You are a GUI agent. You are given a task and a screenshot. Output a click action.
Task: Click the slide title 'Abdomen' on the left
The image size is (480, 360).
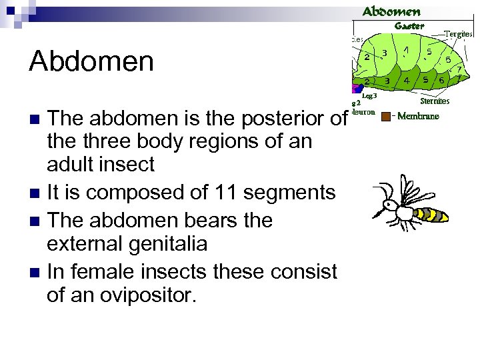91,61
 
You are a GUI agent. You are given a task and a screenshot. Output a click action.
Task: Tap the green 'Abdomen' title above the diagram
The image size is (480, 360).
391,12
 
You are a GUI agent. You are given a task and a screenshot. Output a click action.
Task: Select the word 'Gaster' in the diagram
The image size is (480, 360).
409,25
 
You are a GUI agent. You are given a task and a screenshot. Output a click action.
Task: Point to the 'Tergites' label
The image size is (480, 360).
459,34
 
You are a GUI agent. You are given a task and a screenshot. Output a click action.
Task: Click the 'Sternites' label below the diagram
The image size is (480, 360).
435,101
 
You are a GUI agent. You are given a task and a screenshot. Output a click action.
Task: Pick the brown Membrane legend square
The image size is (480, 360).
386,117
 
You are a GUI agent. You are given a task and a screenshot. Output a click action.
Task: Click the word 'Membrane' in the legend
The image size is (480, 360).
418,117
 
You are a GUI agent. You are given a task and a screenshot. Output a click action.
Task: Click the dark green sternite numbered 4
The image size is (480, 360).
407,80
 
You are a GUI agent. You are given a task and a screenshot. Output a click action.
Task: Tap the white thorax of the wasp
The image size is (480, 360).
404,212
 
